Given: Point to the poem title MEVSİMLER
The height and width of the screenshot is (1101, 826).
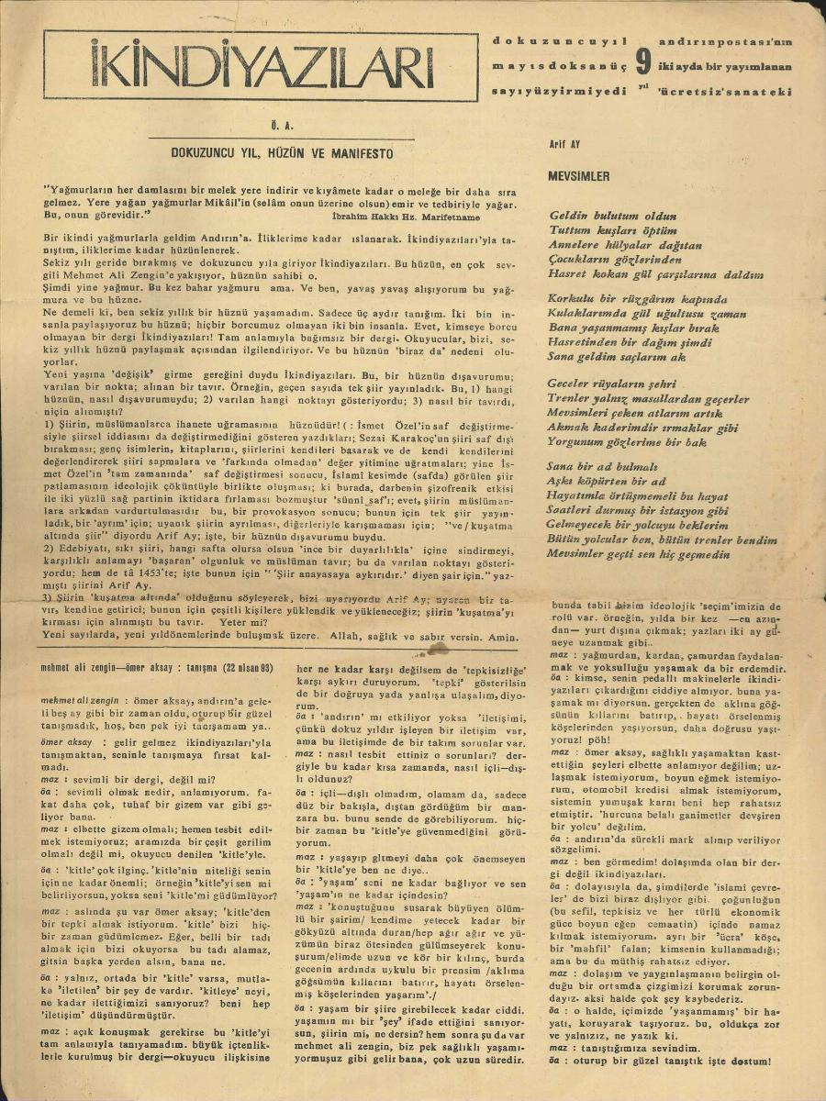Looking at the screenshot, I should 578,175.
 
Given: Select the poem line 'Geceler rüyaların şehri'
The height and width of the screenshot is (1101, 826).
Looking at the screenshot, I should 611,384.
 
